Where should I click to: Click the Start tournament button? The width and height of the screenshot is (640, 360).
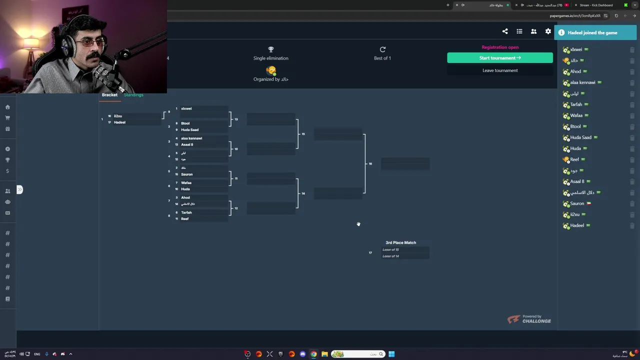pos(500,58)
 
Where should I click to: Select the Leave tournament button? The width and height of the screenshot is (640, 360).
pos(500,70)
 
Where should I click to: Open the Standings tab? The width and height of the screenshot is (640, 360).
pos(133,95)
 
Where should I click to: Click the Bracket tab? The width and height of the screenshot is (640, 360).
pos(109,95)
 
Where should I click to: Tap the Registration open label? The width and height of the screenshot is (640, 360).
pos(500,47)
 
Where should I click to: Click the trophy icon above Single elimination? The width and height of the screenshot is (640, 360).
pos(271,49)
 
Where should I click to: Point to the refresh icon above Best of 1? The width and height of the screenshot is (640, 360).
pos(382,49)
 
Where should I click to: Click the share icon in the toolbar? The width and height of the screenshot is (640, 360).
pos(505,31)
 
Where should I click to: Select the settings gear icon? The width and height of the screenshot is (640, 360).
pos(548,31)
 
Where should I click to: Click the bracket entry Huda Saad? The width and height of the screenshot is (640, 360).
pos(190,130)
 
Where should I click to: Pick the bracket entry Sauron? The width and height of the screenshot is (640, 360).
pos(187,174)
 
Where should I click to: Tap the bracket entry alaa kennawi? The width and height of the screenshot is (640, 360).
pos(191,138)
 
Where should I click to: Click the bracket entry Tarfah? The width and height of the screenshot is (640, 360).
pos(186,212)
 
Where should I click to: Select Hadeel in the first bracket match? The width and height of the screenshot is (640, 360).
pos(119,122)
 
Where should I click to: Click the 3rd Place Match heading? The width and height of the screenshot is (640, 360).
pos(400,242)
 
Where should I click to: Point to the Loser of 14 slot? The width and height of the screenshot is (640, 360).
pos(391,256)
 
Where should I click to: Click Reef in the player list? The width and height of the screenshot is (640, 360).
pos(574,159)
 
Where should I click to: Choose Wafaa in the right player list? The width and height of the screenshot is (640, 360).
pos(576,115)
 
